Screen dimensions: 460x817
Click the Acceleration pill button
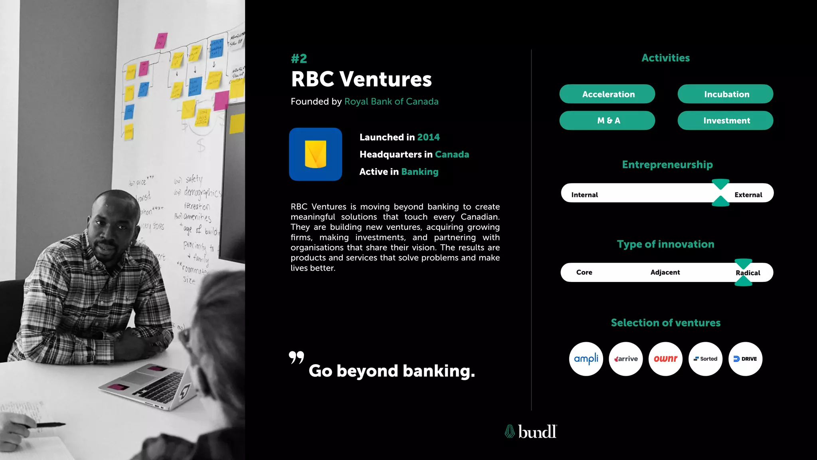click(607, 94)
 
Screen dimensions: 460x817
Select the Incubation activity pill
click(725, 94)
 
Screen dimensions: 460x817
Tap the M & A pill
click(607, 121)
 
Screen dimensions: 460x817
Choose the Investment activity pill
click(725, 121)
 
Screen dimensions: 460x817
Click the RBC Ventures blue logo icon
click(316, 154)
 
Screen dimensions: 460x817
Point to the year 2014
click(428, 137)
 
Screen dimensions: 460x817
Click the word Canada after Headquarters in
click(452, 155)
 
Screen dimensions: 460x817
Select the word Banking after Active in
click(420, 172)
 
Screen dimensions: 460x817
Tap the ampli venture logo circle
click(586, 359)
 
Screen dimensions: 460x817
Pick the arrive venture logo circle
click(626, 359)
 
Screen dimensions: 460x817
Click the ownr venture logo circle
click(665, 359)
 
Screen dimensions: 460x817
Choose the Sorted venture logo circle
click(705, 359)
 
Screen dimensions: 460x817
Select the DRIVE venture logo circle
click(745, 359)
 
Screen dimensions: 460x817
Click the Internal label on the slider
click(584, 195)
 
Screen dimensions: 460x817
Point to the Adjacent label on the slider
click(665, 272)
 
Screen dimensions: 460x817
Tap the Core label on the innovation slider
click(584, 272)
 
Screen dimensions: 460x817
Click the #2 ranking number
click(299, 59)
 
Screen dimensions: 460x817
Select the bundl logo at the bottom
click(531, 432)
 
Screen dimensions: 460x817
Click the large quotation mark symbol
click(296, 357)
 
